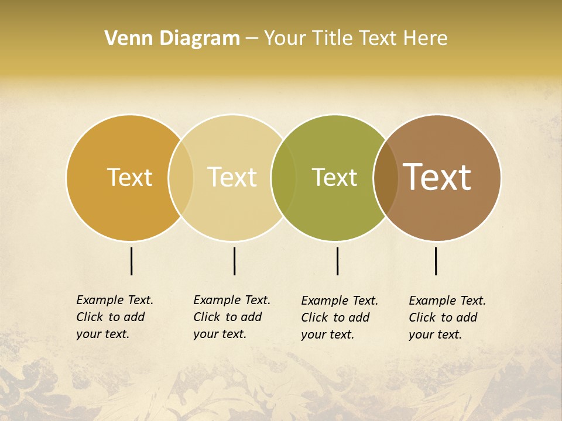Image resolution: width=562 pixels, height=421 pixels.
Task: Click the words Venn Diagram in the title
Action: [x=172, y=39]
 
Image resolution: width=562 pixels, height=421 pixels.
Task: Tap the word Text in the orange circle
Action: [x=129, y=177]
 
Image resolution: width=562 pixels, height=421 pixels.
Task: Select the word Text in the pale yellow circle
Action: [x=232, y=177]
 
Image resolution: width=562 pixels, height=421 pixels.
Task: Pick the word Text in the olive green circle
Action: [x=334, y=177]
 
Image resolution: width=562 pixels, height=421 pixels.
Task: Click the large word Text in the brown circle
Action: [x=437, y=177]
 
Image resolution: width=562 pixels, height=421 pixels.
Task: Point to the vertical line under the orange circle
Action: [x=132, y=261]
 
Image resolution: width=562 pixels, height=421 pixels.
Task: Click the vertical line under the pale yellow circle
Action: [x=234, y=261]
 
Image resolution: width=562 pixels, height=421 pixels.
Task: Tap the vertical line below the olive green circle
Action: [x=338, y=261]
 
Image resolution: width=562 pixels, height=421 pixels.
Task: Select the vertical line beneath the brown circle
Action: [x=436, y=261]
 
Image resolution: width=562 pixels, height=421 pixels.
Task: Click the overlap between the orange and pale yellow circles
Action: [x=181, y=178]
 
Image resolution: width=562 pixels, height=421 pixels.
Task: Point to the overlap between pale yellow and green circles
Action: [x=283, y=178]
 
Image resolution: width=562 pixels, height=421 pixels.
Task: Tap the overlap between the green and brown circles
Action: [x=386, y=178]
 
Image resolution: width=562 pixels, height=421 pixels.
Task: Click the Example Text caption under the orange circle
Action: [x=115, y=317]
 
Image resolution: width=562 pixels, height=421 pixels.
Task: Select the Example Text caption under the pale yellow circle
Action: [x=232, y=317]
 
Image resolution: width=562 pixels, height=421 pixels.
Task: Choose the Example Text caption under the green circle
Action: [x=340, y=318]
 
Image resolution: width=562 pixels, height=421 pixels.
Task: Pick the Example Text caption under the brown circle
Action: [x=447, y=318]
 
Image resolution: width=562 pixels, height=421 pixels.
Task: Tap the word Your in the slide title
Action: [x=285, y=39]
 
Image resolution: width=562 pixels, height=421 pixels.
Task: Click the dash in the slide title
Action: [x=252, y=39]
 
